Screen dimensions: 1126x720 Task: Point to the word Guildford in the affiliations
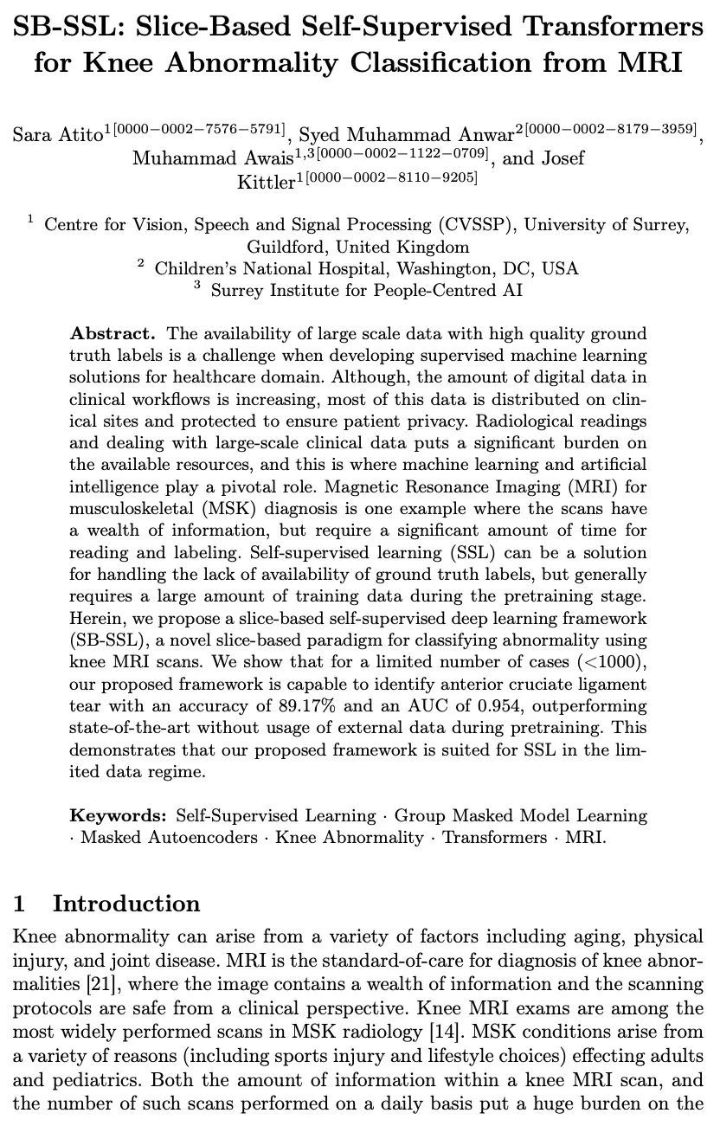287,247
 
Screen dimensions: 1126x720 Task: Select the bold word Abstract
112,333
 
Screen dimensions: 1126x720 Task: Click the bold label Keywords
118,815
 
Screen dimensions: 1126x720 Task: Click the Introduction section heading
125,904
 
